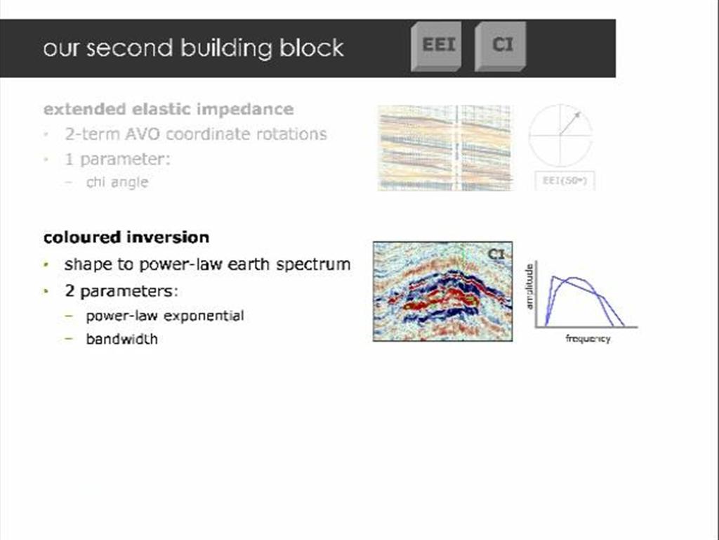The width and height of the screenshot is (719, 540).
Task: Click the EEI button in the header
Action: (x=437, y=46)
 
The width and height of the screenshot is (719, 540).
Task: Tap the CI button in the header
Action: (x=501, y=46)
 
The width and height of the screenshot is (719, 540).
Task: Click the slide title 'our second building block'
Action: (x=193, y=48)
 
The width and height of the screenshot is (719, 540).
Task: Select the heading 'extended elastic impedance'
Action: (x=169, y=109)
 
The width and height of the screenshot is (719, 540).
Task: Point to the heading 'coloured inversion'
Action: (x=126, y=237)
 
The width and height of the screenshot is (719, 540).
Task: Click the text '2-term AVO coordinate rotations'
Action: (x=195, y=134)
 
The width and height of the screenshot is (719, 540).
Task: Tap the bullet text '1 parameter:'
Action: (x=117, y=159)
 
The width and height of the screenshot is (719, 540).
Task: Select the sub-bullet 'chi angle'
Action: (x=117, y=182)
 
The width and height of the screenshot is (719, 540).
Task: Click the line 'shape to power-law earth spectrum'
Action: (x=207, y=264)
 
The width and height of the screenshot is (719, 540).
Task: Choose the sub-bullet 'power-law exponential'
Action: (x=164, y=316)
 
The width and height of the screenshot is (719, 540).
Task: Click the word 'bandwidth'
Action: (x=121, y=339)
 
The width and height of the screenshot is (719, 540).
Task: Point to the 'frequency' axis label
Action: (x=588, y=339)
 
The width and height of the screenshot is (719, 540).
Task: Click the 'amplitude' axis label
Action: (x=532, y=286)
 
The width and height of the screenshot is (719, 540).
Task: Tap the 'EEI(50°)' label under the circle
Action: (x=565, y=181)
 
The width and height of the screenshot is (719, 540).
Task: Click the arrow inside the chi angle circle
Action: (x=570, y=122)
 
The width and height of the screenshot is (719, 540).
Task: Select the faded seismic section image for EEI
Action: (x=444, y=148)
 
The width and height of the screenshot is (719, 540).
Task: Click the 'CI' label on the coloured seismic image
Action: (x=496, y=254)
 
